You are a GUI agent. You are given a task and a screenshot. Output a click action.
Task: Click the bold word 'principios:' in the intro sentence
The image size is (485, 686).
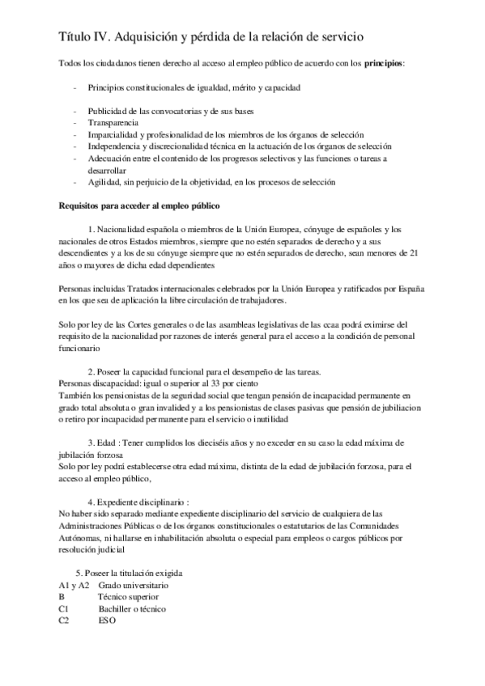(385, 62)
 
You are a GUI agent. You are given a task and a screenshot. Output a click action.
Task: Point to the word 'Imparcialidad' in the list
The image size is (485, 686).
(114, 134)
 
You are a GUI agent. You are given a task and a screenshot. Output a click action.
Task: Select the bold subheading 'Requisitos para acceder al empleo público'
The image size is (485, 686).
(134, 206)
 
